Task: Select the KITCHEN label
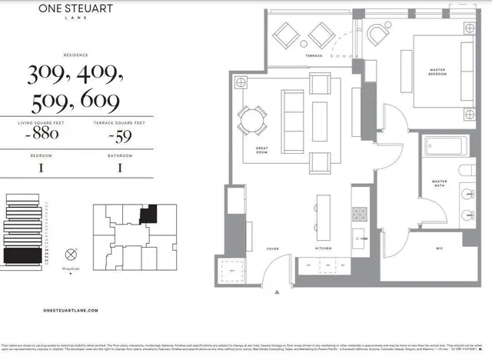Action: pos(324,249)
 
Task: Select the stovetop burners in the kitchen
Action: pos(360,214)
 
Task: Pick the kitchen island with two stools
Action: pos(324,212)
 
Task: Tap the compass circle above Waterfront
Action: pos(71,253)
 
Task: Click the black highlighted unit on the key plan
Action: pos(147,215)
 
